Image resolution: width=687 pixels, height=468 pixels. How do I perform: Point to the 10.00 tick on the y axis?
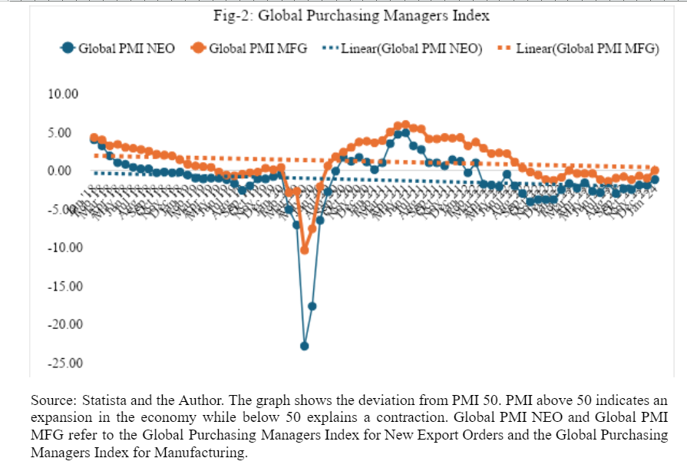point(64,95)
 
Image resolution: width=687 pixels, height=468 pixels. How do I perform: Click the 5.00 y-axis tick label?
point(66,133)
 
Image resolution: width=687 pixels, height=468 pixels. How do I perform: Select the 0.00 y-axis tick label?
point(66,171)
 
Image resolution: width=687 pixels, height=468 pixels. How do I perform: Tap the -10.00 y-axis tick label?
point(64,247)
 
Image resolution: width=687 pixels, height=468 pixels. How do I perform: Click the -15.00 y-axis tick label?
point(64,287)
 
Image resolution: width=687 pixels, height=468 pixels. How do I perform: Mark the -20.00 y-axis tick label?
point(64,324)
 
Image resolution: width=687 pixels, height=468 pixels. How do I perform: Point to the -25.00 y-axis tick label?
point(64,363)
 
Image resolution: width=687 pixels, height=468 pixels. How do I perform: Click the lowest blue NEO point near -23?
point(304,346)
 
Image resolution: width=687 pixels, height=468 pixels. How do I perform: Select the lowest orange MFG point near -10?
point(304,250)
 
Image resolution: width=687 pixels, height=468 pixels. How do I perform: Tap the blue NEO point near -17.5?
point(312,306)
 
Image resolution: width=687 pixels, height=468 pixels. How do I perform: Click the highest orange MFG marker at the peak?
point(405,124)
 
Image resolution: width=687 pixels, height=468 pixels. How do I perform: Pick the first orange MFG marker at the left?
point(94,138)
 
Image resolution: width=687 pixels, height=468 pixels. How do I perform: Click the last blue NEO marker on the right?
point(655,180)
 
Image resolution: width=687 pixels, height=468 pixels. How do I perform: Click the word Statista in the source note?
point(96,401)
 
